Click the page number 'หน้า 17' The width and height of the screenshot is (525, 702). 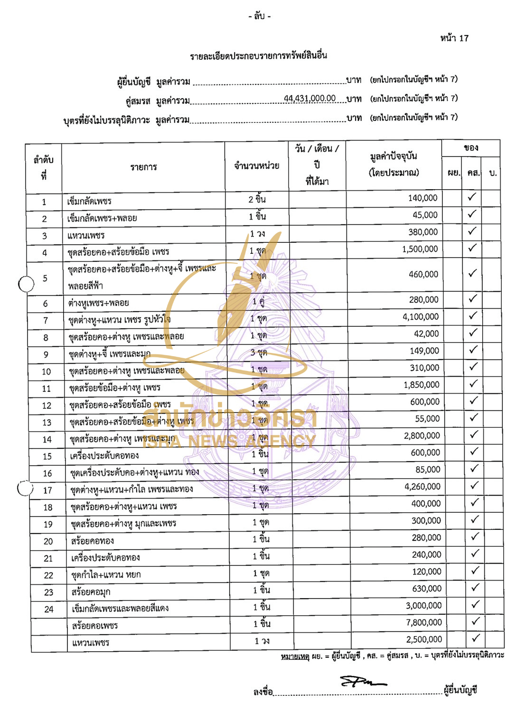click(454, 38)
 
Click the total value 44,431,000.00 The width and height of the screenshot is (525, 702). click(309, 98)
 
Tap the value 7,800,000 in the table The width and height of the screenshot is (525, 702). click(424, 622)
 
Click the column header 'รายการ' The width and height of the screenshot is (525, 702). click(143, 167)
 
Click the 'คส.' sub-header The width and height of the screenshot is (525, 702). click(473, 173)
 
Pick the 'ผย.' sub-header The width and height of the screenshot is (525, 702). click(453, 173)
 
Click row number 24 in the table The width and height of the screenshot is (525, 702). click(49, 610)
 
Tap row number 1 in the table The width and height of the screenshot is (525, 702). click(44, 202)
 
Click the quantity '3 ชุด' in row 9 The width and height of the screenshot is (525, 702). click(259, 352)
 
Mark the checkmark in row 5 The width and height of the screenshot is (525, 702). click(472, 273)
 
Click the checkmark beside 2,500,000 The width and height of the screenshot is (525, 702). click(476, 638)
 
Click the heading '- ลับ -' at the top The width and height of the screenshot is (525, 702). click(259, 17)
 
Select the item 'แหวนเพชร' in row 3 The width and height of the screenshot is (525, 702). click(85, 235)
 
